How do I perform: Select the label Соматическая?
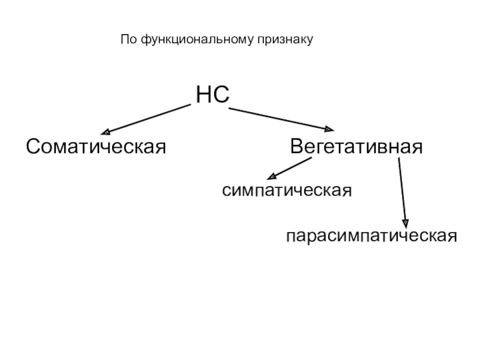[x=95, y=146]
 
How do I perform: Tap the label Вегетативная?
[x=356, y=146]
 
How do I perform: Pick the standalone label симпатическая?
[x=286, y=190]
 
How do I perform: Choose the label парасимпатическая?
[x=371, y=235]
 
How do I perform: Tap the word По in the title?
[x=127, y=40]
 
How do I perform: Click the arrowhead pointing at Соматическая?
[x=106, y=131]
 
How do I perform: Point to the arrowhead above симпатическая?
[x=271, y=177]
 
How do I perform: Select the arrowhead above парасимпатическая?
[x=406, y=221]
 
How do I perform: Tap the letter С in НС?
[x=221, y=95]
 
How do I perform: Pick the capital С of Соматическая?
[x=32, y=146]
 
